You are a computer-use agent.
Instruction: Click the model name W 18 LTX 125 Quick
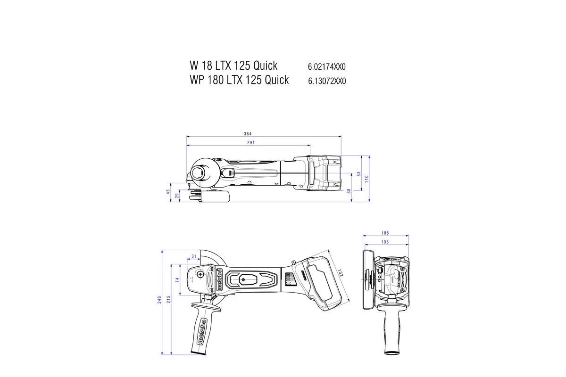tap(233, 65)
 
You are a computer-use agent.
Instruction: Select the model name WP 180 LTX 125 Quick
tap(239, 80)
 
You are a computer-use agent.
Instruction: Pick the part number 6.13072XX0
tap(327, 81)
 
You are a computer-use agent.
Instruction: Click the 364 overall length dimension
tap(248, 134)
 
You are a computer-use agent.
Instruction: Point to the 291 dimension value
tap(250, 142)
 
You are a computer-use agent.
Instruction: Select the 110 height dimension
tap(366, 179)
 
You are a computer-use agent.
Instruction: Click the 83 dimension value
tap(359, 174)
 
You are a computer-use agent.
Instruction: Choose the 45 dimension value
tap(167, 192)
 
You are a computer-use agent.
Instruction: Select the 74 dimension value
tap(178, 279)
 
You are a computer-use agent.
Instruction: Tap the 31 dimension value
tap(193, 256)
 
